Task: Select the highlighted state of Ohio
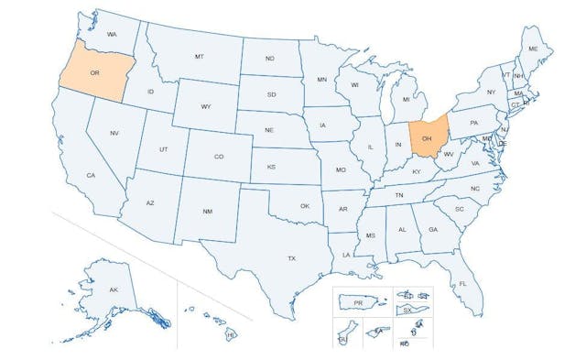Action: pyautogui.click(x=427, y=139)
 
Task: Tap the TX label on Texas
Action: pyautogui.click(x=291, y=258)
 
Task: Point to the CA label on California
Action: pyautogui.click(x=92, y=175)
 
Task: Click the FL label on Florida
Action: pyautogui.click(x=462, y=284)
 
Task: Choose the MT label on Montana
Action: pyautogui.click(x=199, y=57)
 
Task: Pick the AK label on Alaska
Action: pyautogui.click(x=114, y=290)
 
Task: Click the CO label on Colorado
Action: pyautogui.click(x=219, y=157)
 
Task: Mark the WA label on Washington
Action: pyautogui.click(x=113, y=34)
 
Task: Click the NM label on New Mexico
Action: pyautogui.click(x=208, y=212)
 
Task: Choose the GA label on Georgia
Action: pyautogui.click(x=432, y=230)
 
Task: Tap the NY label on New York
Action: pyautogui.click(x=491, y=92)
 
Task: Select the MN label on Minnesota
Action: pyautogui.click(x=321, y=80)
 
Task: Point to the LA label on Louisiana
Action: pyautogui.click(x=346, y=254)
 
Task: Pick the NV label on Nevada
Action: pyautogui.click(x=114, y=134)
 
